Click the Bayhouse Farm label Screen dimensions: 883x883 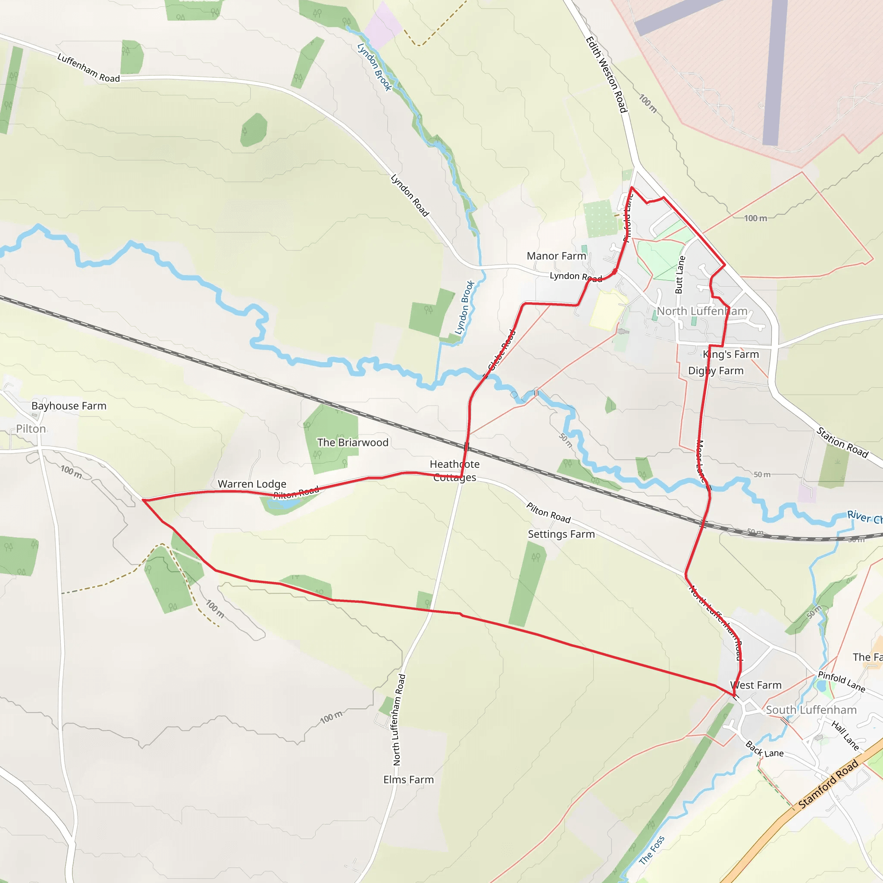(69, 406)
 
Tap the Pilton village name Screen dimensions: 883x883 (31, 429)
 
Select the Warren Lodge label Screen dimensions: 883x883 (252, 484)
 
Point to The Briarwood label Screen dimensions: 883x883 (353, 442)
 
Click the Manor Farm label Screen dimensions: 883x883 (556, 256)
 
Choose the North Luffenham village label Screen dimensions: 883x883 (702, 311)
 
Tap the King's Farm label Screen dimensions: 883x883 (731, 354)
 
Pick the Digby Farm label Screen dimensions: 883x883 (716, 371)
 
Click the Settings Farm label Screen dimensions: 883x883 (561, 534)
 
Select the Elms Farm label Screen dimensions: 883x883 (409, 780)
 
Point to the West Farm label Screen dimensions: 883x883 (756, 685)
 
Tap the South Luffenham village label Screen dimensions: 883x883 (811, 710)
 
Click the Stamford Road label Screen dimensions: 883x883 (828, 784)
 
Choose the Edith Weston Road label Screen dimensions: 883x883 (606, 75)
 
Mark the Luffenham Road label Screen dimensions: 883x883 (89, 68)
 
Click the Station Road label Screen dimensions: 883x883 (842, 442)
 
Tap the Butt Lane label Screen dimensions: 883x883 (680, 275)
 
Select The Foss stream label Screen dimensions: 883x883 (652, 850)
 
